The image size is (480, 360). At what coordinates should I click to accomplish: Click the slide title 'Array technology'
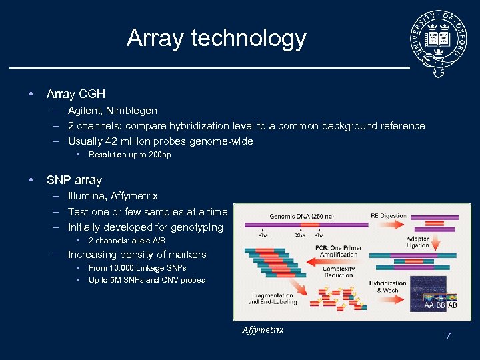[x=216, y=39]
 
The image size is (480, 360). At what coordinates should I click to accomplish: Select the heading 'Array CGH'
[x=76, y=94]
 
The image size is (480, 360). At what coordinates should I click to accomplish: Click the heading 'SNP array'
[x=74, y=180]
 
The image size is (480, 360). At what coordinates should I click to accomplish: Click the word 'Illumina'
[x=87, y=196]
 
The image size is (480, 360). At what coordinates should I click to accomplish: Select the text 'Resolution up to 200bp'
[x=129, y=155]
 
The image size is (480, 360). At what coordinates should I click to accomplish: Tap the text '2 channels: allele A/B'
[x=127, y=241]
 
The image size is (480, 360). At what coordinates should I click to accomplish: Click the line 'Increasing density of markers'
[x=137, y=255]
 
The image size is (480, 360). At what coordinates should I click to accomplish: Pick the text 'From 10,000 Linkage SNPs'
[x=137, y=268]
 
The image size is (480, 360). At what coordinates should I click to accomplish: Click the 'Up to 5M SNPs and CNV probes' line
[x=147, y=280]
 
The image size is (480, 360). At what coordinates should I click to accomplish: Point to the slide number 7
[x=449, y=337]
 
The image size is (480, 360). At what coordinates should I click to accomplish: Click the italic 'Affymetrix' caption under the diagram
[x=263, y=330]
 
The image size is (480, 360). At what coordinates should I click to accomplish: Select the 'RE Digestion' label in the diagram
[x=389, y=216]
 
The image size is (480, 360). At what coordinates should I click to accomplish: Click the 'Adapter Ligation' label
[x=417, y=241]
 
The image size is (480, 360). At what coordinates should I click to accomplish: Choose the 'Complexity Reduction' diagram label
[x=339, y=272]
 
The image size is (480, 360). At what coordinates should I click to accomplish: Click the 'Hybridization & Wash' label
[x=388, y=287]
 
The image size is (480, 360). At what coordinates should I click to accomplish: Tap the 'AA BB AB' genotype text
[x=441, y=306]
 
